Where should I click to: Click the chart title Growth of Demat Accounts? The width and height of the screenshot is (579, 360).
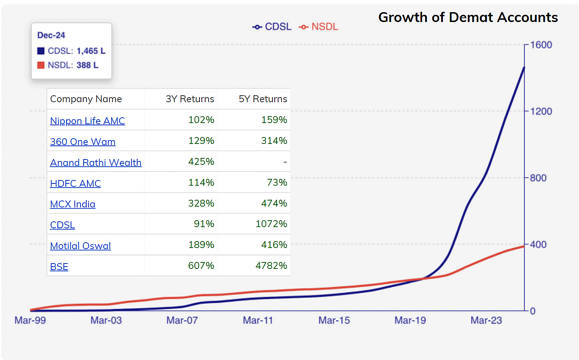468,17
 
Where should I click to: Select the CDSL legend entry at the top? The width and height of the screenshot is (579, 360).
272,27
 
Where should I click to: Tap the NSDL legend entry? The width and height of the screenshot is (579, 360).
319,27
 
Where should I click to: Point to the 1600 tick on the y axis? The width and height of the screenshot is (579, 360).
541,45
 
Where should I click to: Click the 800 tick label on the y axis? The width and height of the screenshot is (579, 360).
538,178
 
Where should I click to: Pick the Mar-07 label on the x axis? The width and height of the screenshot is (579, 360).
182,320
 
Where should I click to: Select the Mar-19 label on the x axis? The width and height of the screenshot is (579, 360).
410,320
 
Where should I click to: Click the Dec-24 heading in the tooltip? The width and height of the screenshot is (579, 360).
51,35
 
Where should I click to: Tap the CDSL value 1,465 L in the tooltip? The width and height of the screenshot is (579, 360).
91,51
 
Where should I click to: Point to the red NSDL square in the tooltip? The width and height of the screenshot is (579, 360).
41,65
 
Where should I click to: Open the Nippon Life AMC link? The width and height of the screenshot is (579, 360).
87,121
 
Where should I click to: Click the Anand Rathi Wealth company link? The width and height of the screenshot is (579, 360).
96,163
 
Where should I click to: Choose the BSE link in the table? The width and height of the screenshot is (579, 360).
59,267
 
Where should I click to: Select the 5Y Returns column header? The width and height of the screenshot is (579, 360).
263,99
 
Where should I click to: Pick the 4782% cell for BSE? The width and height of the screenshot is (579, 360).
271,265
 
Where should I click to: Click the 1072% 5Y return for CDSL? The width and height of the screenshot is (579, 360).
271,224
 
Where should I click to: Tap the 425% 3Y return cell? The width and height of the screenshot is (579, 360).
201,161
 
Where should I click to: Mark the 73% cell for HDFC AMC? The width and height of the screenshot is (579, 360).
277,182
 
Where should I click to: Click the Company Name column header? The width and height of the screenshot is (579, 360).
86,99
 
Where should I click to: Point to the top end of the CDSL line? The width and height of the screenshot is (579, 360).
524,68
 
